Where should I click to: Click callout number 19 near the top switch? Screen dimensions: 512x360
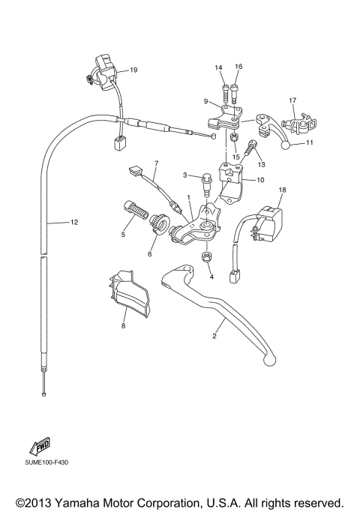pos(133,70)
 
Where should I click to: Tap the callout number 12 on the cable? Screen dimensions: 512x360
pos(73,223)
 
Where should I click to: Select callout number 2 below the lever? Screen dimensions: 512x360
pos(214,337)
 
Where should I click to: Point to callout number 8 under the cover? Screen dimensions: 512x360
pos(123,325)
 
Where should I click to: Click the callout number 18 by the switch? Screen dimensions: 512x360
pos(283,190)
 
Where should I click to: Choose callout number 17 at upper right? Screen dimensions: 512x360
pos(292,100)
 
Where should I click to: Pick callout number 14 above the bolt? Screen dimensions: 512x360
pos(219,68)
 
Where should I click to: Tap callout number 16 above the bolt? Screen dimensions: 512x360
pos(238,67)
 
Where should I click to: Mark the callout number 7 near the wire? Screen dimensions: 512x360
pos(157,162)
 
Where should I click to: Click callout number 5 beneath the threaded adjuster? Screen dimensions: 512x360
pos(123,235)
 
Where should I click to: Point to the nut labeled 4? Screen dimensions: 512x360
pos(206,258)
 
